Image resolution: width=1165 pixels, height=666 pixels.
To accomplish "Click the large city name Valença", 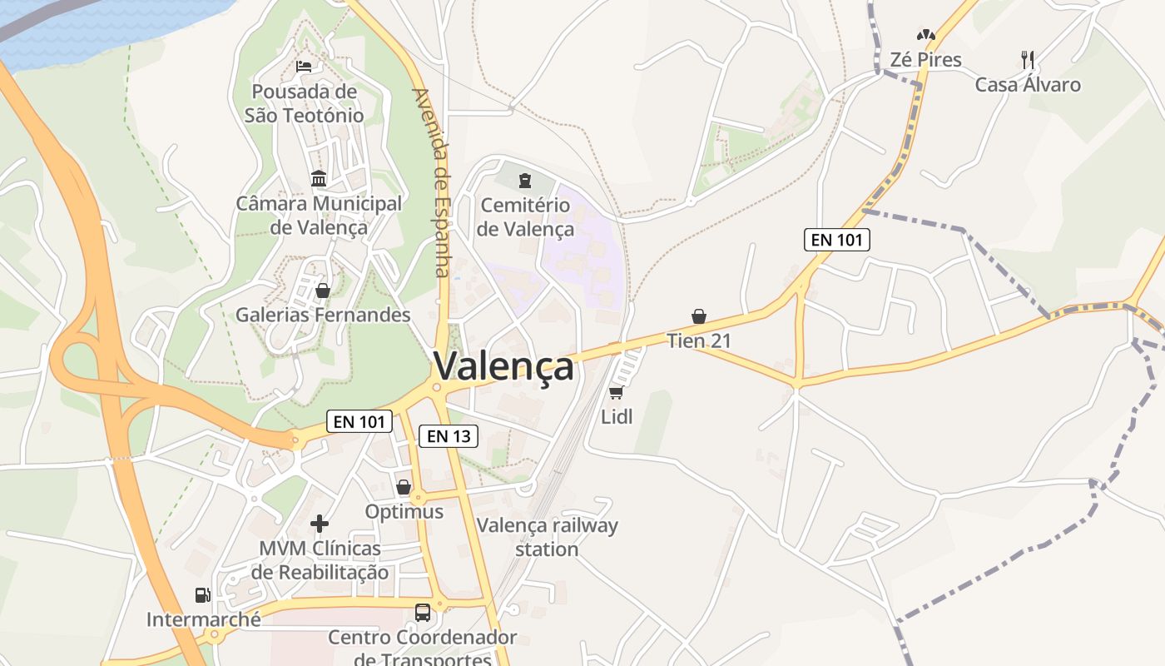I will coord(503,366).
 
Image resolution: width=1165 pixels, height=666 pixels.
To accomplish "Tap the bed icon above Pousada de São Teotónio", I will coord(304,66).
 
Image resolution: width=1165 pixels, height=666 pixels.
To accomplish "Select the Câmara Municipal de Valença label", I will coord(319,215).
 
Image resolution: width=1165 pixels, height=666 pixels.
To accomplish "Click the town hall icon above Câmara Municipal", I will coord(319,178).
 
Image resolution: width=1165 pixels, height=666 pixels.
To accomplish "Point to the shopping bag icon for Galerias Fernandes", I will coord(323,291).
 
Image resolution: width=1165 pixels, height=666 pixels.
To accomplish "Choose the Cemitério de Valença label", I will coord(525,216).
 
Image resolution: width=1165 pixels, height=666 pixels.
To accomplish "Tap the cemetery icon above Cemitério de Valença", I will coord(525,180).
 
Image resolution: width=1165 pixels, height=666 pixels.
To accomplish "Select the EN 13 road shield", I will coord(448,435).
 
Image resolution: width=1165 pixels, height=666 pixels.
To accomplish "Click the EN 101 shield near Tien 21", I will coord(837,240).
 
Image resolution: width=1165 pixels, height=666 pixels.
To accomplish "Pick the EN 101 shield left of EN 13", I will coord(359,421).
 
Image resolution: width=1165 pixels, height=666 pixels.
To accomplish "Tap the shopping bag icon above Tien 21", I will coord(699,316).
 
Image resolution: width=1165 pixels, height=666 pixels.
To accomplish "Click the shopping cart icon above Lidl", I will coord(617,392).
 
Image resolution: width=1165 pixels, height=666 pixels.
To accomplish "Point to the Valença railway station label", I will coord(547,537).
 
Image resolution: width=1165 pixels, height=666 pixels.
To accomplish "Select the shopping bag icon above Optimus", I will coord(404,487).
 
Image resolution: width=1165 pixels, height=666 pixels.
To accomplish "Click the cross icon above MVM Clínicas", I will coord(320,524).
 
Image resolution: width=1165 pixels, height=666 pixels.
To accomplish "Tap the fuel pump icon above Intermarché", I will coord(202,595).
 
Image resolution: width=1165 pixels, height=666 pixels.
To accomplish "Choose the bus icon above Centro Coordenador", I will coord(423,613).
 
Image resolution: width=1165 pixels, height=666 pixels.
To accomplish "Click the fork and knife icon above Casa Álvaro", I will coord(1028,59).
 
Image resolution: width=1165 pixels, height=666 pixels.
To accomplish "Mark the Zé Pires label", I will coord(925,60).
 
